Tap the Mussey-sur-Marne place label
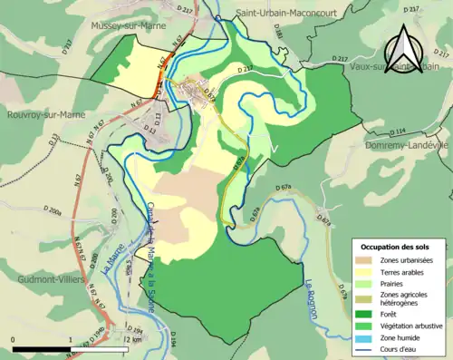click(x=129, y=26)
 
